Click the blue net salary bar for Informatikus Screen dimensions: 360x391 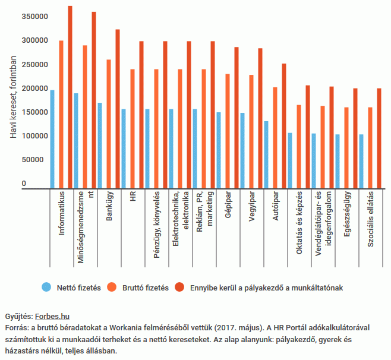pyautogui.click(x=52, y=139)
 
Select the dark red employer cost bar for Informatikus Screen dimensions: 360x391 pyautogui.click(x=70, y=97)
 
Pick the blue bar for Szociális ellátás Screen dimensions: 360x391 pyautogui.click(x=361, y=161)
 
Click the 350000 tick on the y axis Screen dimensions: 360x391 pyautogui.click(x=34, y=17)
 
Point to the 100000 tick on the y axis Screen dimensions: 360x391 pyautogui.click(x=34, y=136)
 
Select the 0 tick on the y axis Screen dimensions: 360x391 pyautogui.click(x=24, y=184)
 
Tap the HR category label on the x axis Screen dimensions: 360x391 pyautogui.click(x=133, y=197)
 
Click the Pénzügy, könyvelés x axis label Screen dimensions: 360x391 pyautogui.click(x=156, y=222)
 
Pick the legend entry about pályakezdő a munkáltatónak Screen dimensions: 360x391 pyautogui.click(x=267, y=288)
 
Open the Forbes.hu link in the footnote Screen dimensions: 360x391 pyautogui.click(x=52, y=316)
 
